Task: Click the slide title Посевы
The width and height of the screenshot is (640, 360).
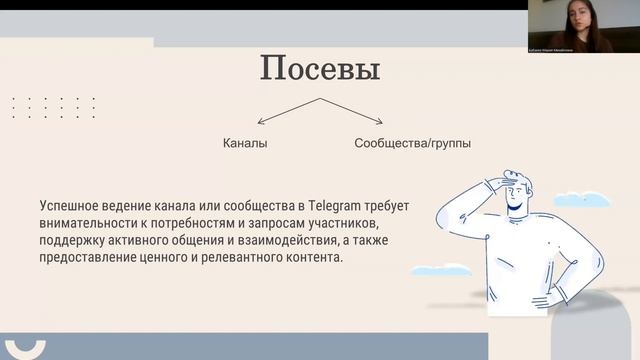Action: click(x=320, y=69)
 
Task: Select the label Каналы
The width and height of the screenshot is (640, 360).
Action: click(x=245, y=143)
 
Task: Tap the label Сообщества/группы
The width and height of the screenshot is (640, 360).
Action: click(x=412, y=143)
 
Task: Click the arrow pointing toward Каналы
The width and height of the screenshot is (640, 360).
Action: click(x=285, y=111)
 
